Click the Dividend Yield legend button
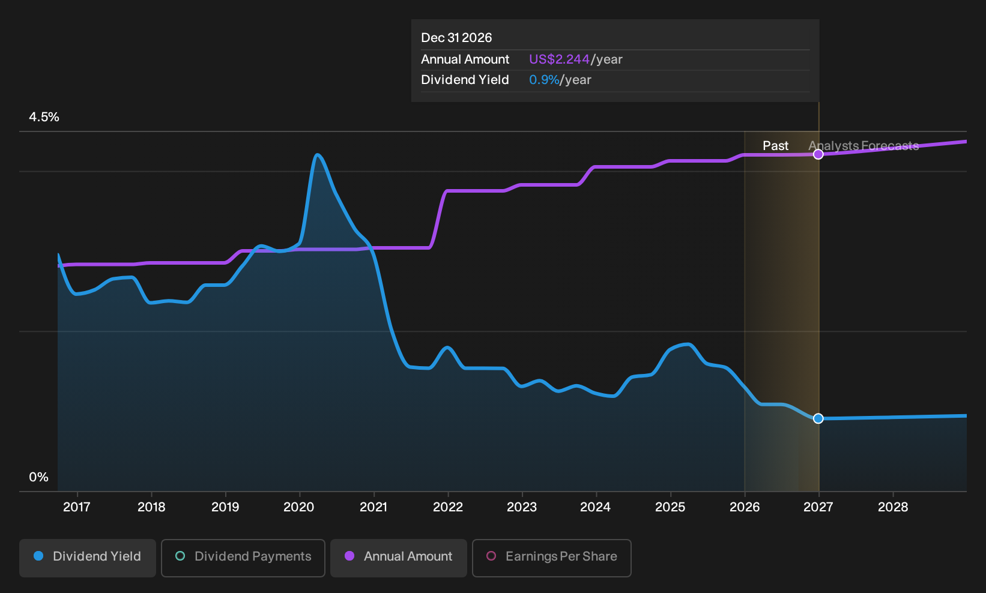88,558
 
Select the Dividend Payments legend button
243,558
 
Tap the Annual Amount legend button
398,558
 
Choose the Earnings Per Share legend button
551,558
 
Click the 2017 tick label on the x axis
77,507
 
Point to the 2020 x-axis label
299,507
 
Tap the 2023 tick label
522,507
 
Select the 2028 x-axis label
893,507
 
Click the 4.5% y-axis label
44,117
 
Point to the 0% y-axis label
39,477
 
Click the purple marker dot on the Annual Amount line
818,154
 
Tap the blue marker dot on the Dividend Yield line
818,418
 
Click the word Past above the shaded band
776,146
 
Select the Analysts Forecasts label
864,146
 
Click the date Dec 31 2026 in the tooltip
456,38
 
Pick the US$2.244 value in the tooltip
559,59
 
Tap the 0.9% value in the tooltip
544,80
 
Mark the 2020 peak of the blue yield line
318,155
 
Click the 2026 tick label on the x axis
745,507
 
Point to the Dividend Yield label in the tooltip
465,80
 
